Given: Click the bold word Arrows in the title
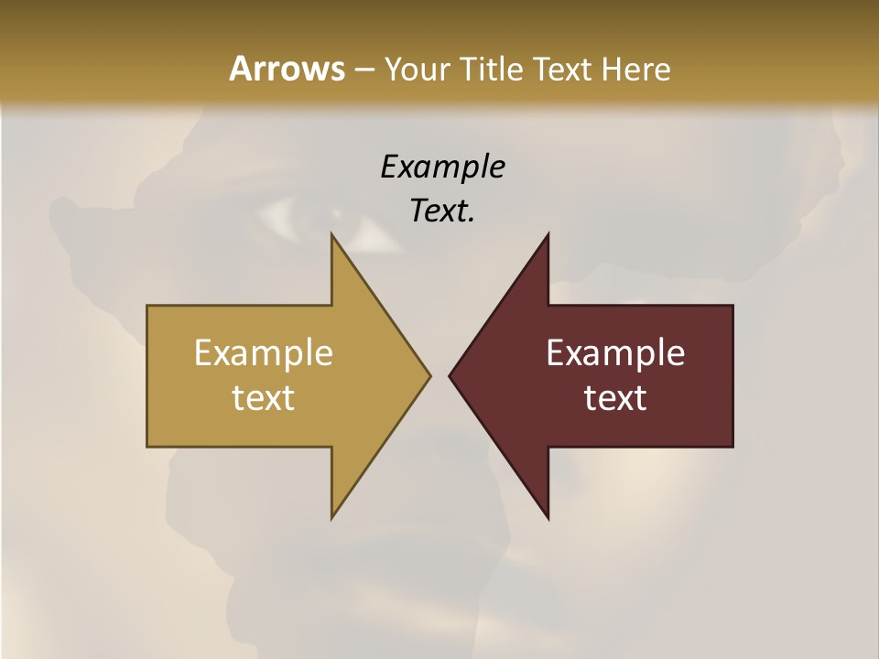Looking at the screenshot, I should point(286,69).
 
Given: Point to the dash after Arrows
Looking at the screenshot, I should point(363,70).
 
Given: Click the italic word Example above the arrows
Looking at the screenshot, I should point(442,167).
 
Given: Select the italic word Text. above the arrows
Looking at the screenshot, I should point(442,211).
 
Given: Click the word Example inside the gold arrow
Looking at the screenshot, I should point(264,352).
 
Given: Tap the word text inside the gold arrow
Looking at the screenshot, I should point(264,397).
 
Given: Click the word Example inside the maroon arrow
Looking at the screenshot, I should point(615,352).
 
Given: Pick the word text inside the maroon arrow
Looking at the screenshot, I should point(615,397).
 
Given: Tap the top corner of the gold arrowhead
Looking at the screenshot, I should point(332,236).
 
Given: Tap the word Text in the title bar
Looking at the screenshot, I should point(561,69).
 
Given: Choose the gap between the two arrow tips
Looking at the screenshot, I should point(439,375).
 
